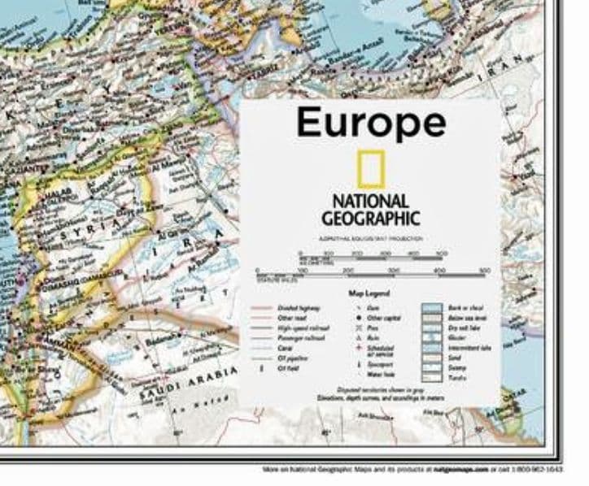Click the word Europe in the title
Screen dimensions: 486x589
coord(371,122)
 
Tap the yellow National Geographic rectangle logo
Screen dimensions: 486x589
coord(371,170)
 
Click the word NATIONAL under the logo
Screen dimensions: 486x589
coord(370,201)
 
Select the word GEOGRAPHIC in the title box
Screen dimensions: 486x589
coord(370,218)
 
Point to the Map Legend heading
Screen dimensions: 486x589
coord(370,293)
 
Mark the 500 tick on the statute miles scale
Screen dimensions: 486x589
coord(485,271)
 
